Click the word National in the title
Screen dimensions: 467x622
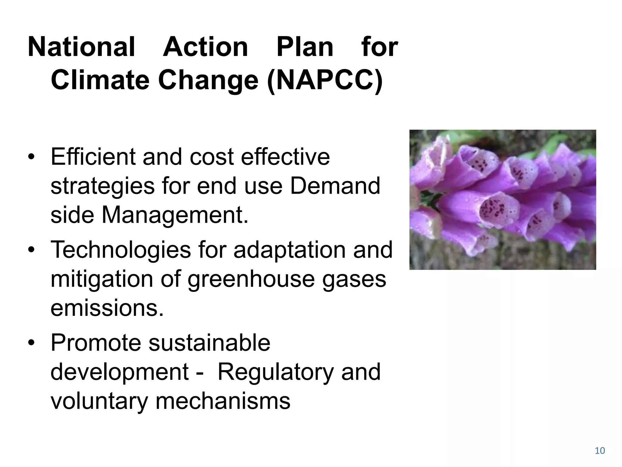click(x=81, y=47)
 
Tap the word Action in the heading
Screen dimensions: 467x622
click(x=206, y=47)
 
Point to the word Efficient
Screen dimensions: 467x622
click(x=93, y=157)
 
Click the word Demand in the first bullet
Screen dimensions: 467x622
click(x=335, y=186)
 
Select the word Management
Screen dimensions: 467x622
click(x=175, y=215)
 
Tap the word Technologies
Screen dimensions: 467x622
click(x=121, y=250)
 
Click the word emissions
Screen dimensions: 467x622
click(x=107, y=308)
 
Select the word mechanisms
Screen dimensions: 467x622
click(x=223, y=401)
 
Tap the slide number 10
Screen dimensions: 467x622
click(x=600, y=451)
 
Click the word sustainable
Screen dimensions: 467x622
click(x=209, y=343)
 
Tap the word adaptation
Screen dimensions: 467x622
click(x=289, y=250)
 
